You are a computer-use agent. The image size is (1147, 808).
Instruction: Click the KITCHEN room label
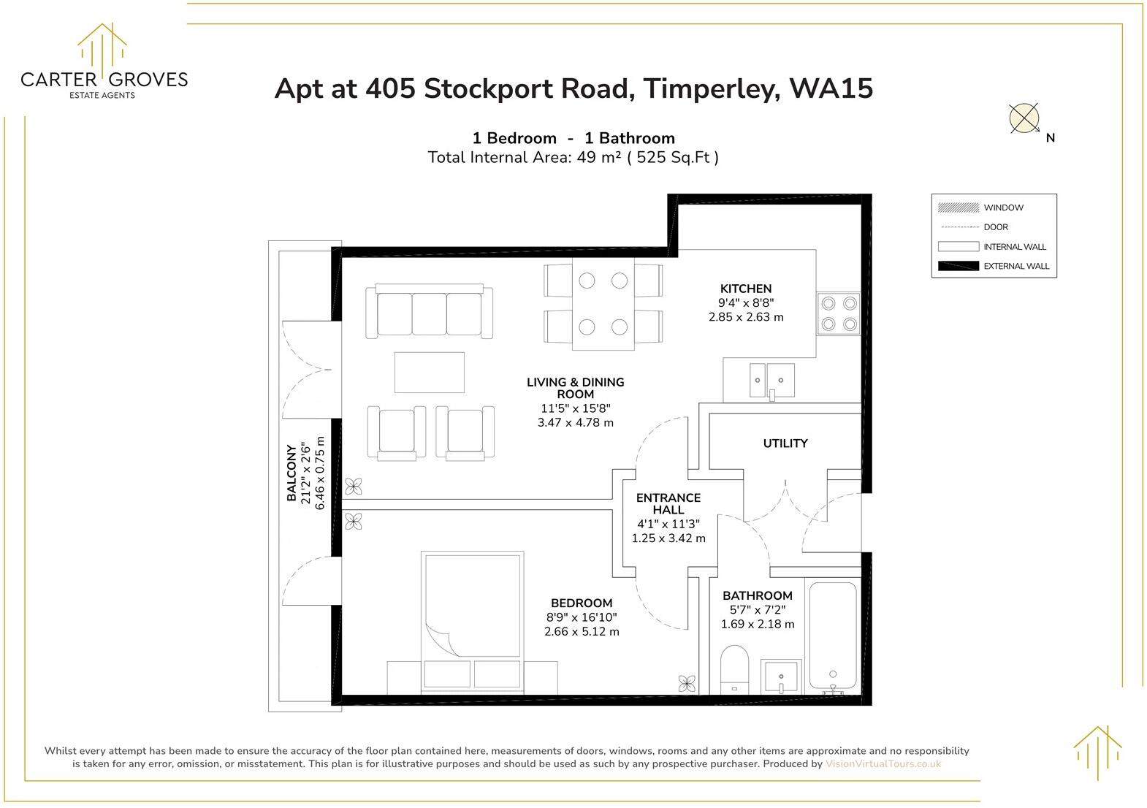click(745, 289)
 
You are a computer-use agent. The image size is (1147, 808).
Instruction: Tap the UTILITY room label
click(785, 443)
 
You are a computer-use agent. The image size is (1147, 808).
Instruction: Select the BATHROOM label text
click(757, 595)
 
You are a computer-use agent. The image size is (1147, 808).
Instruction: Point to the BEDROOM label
click(581, 603)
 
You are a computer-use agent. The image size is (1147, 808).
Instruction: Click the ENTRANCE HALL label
click(668, 503)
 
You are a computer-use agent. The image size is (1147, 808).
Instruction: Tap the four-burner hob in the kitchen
click(839, 313)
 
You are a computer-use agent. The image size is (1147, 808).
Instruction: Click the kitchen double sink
click(769, 380)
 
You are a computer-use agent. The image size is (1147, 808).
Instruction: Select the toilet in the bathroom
click(735, 668)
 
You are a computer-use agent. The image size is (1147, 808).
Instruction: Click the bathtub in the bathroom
click(832, 636)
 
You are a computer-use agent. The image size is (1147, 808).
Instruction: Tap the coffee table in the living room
click(429, 373)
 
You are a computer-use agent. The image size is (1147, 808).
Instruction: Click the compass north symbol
click(1024, 118)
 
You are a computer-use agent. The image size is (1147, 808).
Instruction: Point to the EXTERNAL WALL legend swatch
click(958, 266)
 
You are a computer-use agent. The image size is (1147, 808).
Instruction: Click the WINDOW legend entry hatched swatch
click(958, 207)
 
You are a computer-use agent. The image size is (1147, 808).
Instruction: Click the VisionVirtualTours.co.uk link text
click(883, 764)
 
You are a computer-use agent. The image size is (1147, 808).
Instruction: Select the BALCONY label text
click(291, 473)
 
